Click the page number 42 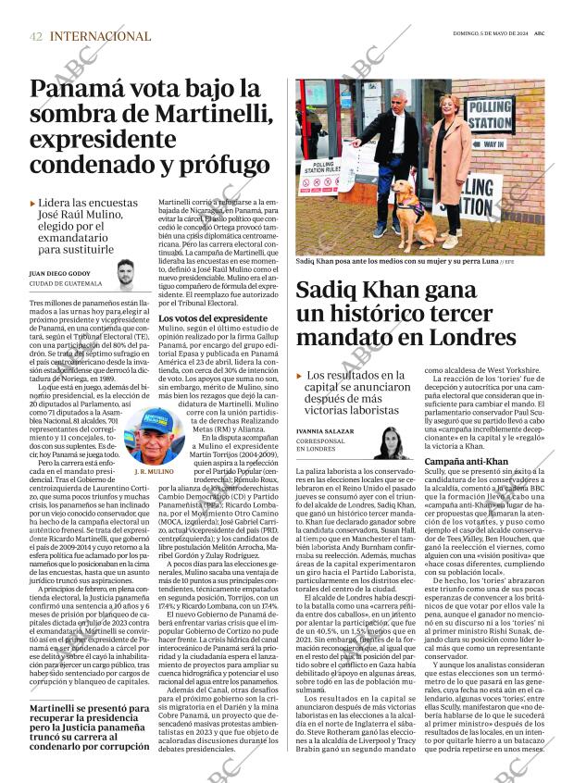coord(36,36)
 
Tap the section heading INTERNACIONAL coord(100,36)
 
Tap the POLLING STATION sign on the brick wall coord(488,114)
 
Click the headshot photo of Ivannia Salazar coord(393,441)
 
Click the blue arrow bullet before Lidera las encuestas coord(33,203)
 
